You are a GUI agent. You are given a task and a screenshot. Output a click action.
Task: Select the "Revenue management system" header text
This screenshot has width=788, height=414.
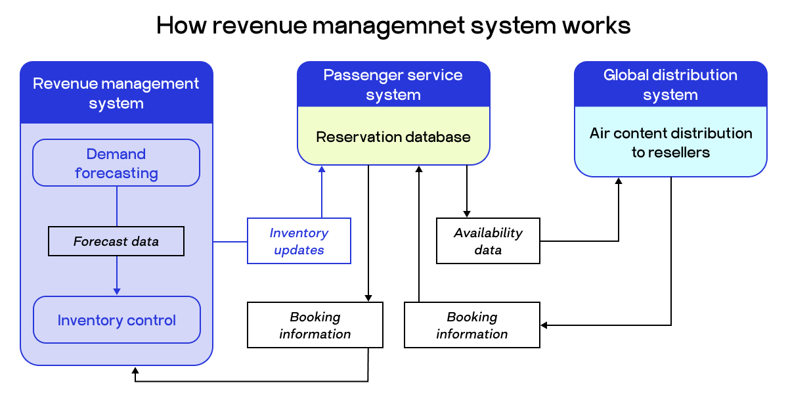pos(116,93)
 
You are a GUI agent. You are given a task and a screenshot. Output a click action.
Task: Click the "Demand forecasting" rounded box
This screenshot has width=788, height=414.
pos(116,163)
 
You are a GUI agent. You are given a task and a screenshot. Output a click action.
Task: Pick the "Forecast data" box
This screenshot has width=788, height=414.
pos(116,241)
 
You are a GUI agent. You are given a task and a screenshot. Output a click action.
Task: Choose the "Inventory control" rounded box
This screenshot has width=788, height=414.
pos(116,320)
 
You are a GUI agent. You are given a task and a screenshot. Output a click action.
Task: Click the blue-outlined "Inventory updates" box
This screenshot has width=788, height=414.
pos(299,241)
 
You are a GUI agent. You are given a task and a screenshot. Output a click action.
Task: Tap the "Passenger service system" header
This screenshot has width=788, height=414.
pos(393,85)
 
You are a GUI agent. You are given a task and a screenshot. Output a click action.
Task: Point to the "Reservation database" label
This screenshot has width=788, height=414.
pos(393,137)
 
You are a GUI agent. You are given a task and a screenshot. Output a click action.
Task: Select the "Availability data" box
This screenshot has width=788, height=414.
pos(488,241)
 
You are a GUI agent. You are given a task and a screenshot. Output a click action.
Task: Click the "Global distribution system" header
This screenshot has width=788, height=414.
pos(670,85)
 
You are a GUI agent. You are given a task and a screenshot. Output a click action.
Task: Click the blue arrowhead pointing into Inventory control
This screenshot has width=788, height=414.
pos(117,291)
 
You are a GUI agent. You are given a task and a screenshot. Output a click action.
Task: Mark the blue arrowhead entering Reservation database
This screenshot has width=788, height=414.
pos(322,170)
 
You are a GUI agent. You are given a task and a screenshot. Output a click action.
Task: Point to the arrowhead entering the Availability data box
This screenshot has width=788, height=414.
pos(467,214)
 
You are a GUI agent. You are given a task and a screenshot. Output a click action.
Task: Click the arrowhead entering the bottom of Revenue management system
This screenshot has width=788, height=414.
pos(135,371)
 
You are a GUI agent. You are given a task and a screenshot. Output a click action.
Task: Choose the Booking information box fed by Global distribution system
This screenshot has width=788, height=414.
pos(472,325)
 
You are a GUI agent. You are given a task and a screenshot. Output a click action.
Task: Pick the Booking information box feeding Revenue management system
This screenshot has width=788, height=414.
pos(315,325)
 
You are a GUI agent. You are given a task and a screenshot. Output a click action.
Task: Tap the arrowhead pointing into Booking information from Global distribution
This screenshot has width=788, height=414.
pos(544,325)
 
